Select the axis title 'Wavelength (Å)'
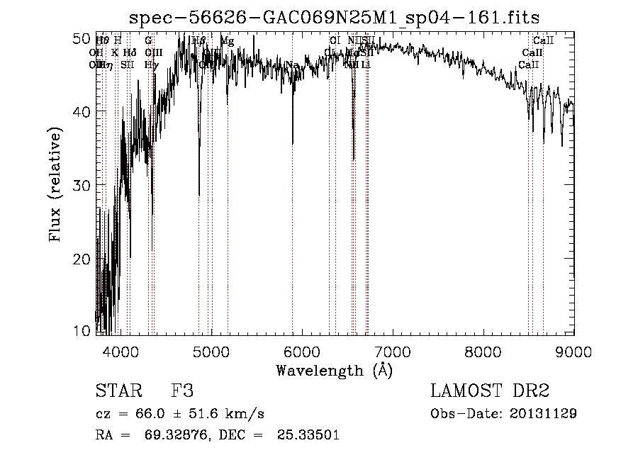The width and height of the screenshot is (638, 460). pos(334,370)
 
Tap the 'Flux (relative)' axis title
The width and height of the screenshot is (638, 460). pos(56,184)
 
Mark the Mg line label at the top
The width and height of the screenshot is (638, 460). pos(227,41)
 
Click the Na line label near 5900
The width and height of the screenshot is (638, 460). pos(292,65)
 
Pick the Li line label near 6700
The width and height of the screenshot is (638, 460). pos(366,64)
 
